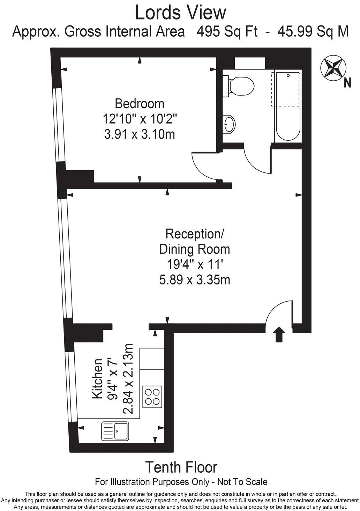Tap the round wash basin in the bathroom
(x=228, y=124)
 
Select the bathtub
(x=288, y=106)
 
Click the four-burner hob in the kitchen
(x=152, y=397)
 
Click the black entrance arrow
(x=279, y=335)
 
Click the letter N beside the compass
(x=347, y=83)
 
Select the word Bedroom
(x=139, y=104)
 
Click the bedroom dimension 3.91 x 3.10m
(x=139, y=134)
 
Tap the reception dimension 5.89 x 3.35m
(x=195, y=280)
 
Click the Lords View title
(x=181, y=13)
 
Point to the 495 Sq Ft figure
(x=227, y=31)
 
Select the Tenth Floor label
(x=181, y=467)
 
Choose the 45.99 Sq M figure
(x=313, y=31)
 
